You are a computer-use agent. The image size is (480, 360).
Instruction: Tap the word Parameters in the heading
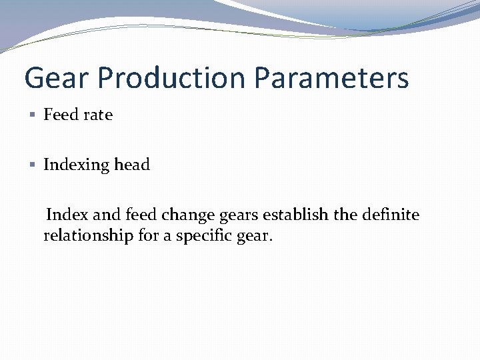click(x=331, y=78)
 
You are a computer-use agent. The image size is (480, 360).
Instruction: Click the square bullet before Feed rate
click(x=34, y=115)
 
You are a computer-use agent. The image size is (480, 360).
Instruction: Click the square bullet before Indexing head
click(x=34, y=165)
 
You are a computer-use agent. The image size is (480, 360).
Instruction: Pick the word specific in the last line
click(x=199, y=236)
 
